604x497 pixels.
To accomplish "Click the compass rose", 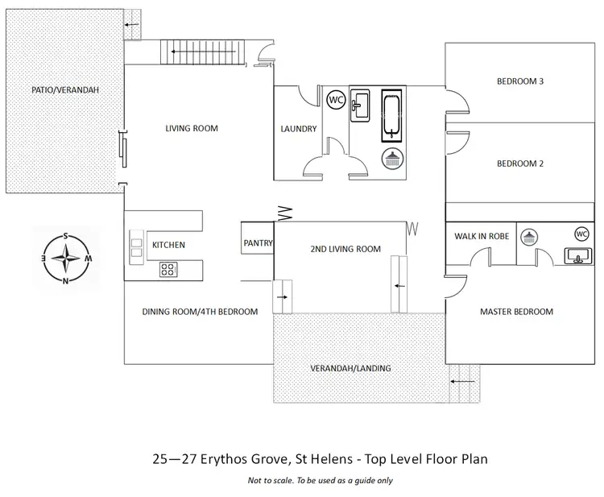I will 65,259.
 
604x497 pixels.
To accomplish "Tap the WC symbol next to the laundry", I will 337,100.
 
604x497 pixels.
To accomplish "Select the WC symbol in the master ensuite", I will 581,234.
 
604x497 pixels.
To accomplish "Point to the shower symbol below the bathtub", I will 392,159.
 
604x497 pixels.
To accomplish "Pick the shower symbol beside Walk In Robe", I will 529,237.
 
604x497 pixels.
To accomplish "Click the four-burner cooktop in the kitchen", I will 169,269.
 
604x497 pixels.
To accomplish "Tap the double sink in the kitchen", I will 136,245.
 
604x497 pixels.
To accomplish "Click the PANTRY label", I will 259,243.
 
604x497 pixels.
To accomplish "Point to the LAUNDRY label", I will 298,129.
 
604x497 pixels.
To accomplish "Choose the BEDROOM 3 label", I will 519,81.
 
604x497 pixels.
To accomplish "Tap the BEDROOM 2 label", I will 519,164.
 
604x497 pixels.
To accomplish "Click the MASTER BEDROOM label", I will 516,312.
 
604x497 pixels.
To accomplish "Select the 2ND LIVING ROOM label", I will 345,249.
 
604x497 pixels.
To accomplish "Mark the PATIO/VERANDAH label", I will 65,89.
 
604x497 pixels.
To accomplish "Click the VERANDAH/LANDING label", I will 350,368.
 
